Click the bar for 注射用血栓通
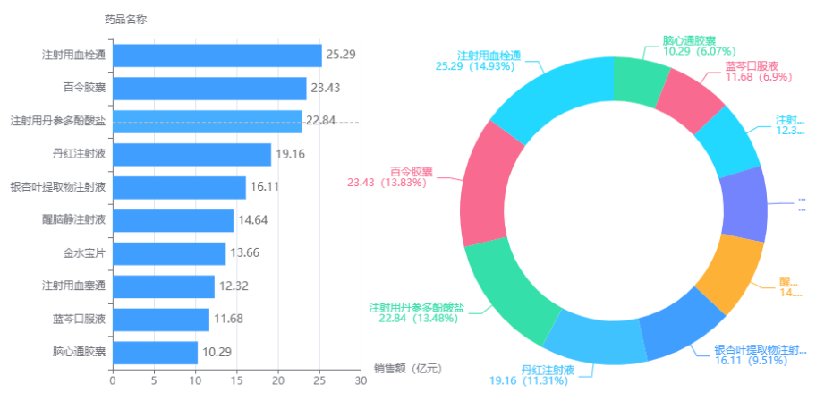click(x=217, y=56)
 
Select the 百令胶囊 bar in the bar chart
click(x=208, y=89)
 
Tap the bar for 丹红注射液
click(x=191, y=155)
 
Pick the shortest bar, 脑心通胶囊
click(x=154, y=353)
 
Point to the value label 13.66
click(x=245, y=253)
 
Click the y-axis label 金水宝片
click(x=84, y=253)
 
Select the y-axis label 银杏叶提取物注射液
click(x=58, y=187)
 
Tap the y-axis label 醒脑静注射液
click(x=74, y=220)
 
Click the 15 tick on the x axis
click(x=236, y=380)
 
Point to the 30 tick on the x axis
click(x=360, y=380)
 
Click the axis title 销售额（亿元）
click(x=408, y=368)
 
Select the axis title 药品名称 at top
click(x=125, y=18)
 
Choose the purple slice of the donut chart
click(x=744, y=203)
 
